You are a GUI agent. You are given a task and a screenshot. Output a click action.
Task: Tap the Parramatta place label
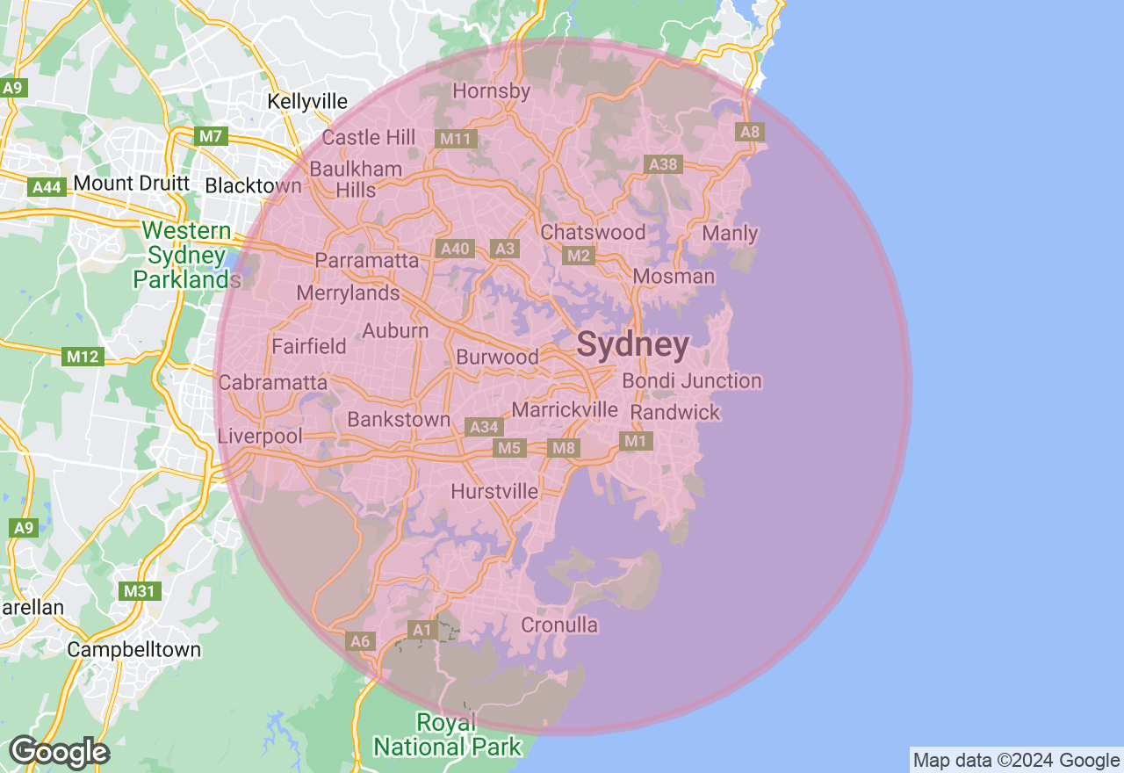tap(367, 261)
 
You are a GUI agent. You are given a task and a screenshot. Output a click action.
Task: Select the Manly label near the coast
tap(731, 234)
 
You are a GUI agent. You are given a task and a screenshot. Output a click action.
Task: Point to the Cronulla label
tap(559, 625)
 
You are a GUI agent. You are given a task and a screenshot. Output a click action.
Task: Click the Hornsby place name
tap(492, 91)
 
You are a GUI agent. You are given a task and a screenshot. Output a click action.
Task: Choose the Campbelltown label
tap(134, 650)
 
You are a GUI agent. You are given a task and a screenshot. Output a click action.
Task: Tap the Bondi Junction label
tap(692, 381)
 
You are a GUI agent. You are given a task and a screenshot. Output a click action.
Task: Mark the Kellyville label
tap(307, 102)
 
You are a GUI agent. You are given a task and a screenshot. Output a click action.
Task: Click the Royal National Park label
tap(447, 735)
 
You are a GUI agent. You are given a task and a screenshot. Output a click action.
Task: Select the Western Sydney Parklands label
tap(187, 256)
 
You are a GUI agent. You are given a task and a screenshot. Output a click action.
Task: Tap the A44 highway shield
tap(47, 187)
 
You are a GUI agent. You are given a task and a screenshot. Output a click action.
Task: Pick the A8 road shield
tap(750, 132)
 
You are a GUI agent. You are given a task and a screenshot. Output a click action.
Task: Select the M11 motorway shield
tap(457, 139)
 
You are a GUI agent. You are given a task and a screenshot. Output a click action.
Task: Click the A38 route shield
tap(662, 164)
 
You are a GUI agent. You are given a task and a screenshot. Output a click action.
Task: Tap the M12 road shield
tap(84, 357)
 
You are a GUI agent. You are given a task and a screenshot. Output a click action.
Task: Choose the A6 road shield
tap(360, 641)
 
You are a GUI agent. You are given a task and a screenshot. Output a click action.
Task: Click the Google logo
tap(59, 753)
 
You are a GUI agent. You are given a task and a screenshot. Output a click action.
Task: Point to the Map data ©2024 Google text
tap(1016, 761)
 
